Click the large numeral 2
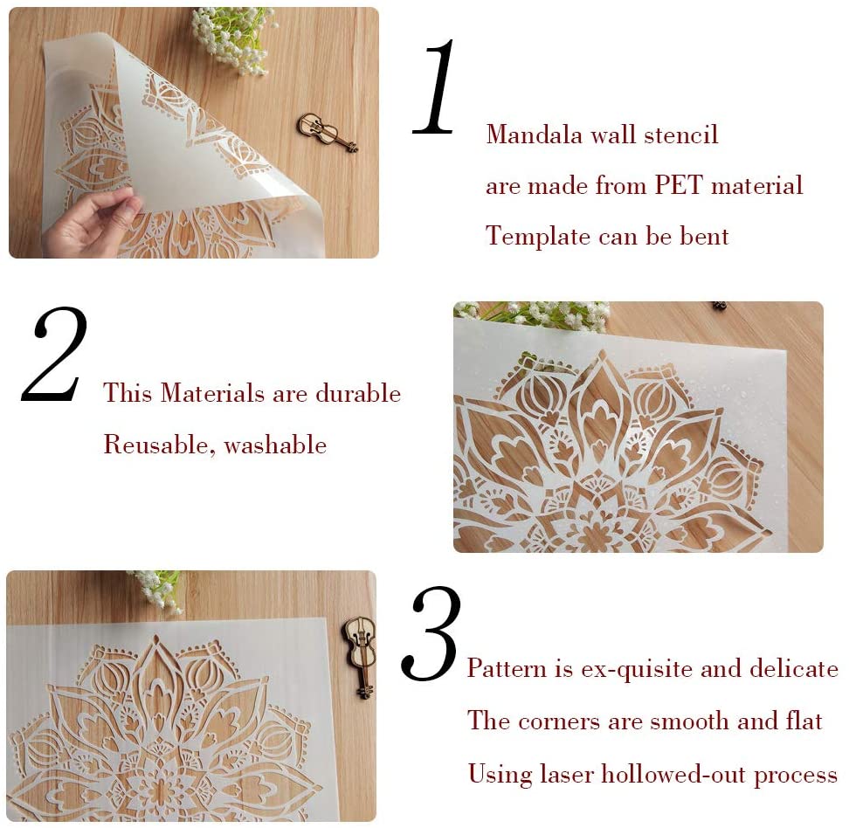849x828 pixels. tap(56, 354)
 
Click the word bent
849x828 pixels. tap(704, 236)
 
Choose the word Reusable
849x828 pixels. tap(156, 445)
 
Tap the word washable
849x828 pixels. tap(275, 445)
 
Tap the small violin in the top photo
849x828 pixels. tap(327, 133)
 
